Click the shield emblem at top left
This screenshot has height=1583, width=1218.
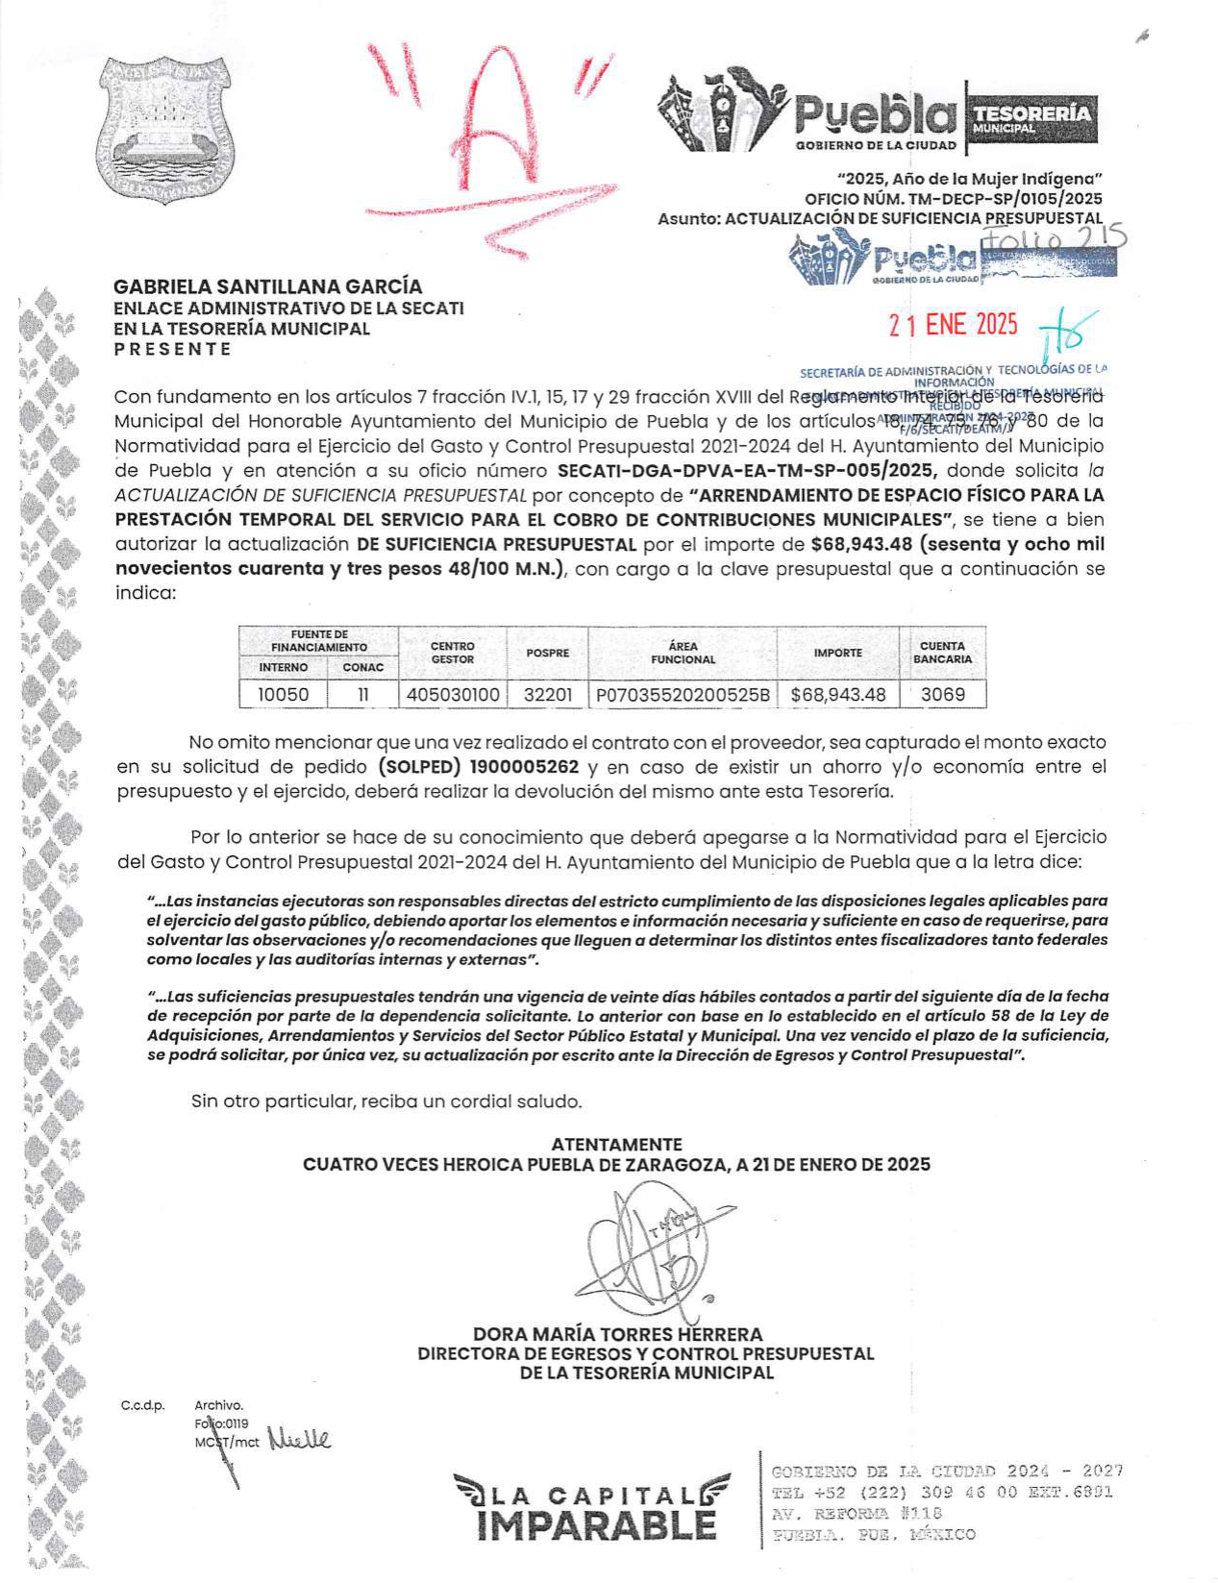[x=165, y=129]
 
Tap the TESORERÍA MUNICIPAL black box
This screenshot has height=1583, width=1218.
[x=1032, y=118]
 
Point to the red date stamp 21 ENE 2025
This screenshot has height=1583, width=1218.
[x=953, y=325]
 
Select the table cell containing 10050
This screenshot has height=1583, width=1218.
[x=284, y=694]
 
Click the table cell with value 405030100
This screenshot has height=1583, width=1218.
[x=453, y=694]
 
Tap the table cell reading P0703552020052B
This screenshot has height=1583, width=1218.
[x=683, y=694]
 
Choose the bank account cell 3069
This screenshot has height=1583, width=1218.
[x=942, y=694]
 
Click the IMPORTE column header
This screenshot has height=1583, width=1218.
[x=838, y=653]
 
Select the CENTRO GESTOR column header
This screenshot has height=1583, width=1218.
[x=453, y=653]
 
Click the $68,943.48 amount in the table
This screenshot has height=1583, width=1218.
[x=838, y=694]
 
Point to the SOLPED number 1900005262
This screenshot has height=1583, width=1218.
[x=525, y=767]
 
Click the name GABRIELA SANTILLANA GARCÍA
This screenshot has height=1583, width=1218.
[x=268, y=286]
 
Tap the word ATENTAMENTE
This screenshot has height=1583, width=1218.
[x=616, y=1144]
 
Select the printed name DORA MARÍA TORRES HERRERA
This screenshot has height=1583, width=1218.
[x=617, y=1334]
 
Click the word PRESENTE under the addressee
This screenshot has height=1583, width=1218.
[x=173, y=349]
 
